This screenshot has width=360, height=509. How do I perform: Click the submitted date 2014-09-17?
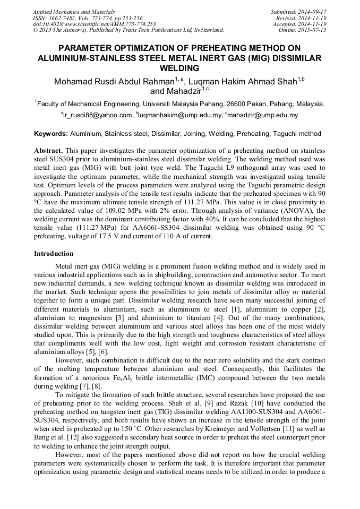(314, 11)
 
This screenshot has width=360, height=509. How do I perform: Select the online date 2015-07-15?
(314, 30)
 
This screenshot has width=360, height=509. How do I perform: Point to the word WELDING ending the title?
(179, 68)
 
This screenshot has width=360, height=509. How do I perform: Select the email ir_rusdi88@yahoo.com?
(98, 115)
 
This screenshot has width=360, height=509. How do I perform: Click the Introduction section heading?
(54, 254)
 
